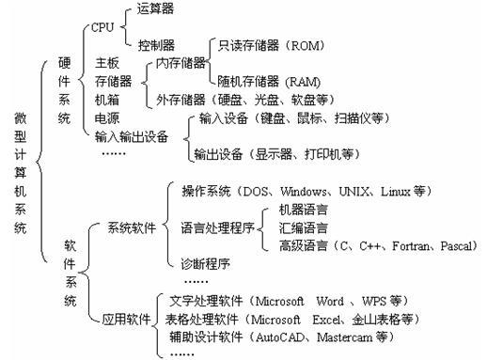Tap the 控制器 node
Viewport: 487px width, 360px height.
coord(155,44)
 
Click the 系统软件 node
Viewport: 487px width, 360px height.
coord(131,227)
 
